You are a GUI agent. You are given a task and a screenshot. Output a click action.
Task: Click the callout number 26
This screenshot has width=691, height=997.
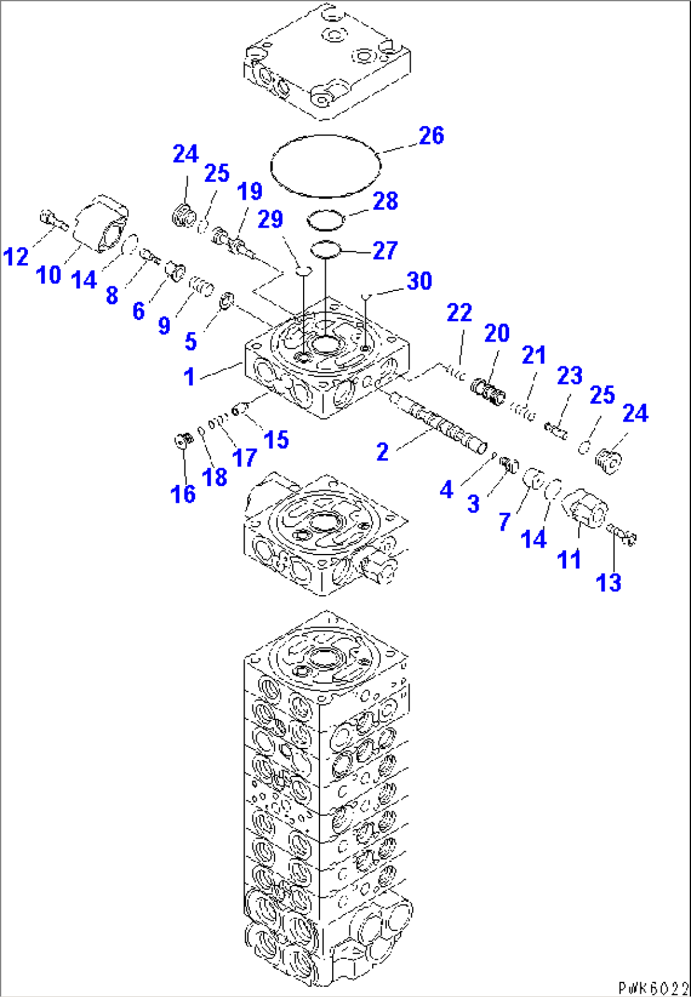click(431, 135)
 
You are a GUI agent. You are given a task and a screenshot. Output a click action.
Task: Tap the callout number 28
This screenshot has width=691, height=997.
click(385, 202)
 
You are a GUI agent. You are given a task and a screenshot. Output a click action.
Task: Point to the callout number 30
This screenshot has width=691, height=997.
click(419, 281)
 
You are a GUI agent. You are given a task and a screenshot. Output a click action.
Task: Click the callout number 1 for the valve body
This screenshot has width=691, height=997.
click(189, 376)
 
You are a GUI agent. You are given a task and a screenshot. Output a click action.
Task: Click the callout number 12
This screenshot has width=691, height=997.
click(16, 257)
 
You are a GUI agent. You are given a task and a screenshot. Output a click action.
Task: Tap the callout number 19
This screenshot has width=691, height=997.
click(249, 191)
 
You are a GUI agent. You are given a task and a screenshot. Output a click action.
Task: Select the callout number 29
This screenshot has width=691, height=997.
click(270, 219)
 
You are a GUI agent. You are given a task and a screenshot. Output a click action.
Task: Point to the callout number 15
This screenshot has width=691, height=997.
click(276, 439)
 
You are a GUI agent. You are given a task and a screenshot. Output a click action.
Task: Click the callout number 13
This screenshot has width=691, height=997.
click(609, 582)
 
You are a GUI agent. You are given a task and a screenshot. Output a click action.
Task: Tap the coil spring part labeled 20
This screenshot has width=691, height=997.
click(489, 390)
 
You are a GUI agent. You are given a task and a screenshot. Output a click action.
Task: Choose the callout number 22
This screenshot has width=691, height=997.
click(459, 312)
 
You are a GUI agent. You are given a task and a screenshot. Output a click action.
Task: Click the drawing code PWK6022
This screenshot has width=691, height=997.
click(653, 987)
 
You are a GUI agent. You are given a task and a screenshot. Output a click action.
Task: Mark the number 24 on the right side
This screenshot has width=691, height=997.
click(635, 413)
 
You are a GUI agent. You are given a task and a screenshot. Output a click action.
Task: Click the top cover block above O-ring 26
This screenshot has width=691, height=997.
click(326, 60)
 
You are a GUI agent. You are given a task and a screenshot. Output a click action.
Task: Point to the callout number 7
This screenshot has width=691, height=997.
click(505, 522)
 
